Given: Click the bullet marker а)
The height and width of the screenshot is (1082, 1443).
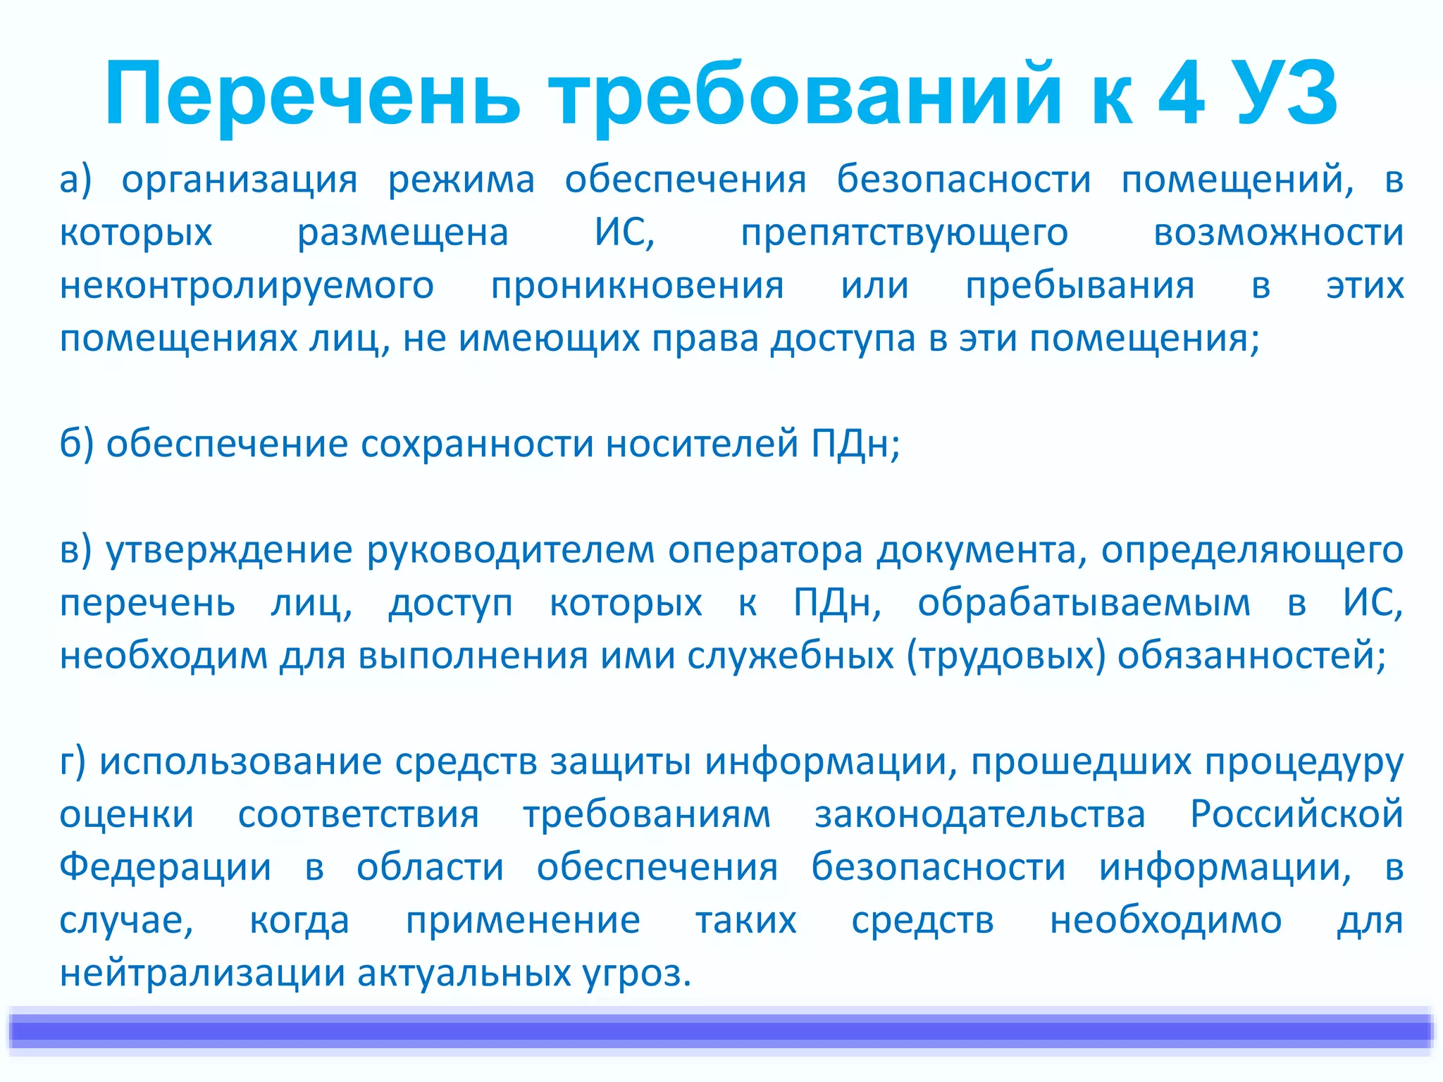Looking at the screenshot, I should pyautogui.click(x=75, y=180).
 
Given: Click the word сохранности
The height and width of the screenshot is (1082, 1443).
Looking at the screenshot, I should pyautogui.click(x=477, y=444).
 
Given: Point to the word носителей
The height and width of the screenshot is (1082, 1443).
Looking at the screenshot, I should pyautogui.click(x=702, y=444).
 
